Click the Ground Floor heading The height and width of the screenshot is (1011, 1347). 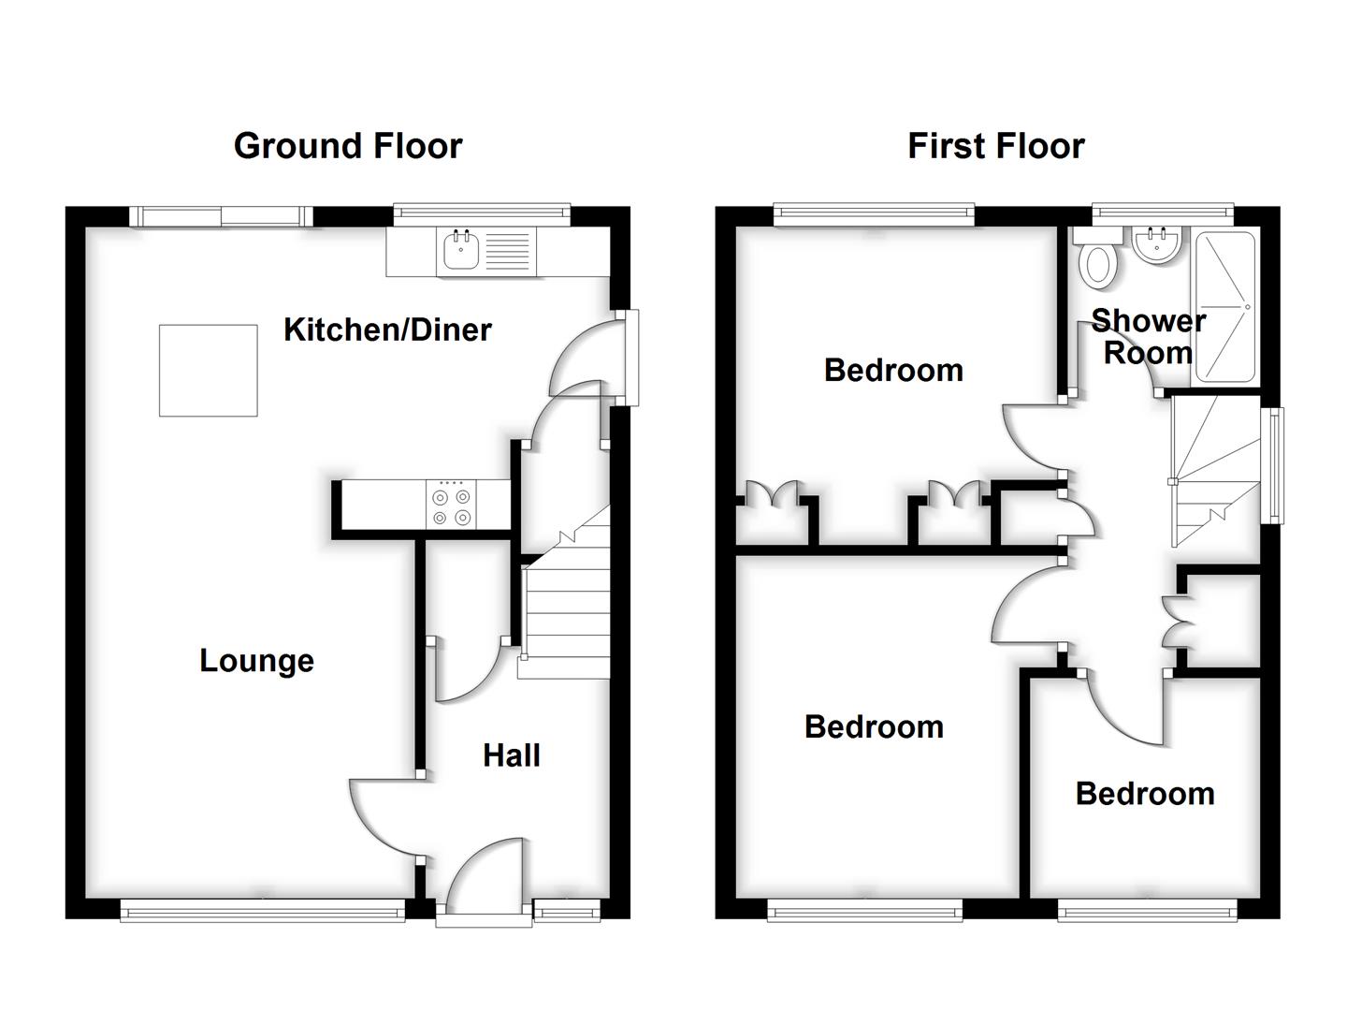pyautogui.click(x=347, y=146)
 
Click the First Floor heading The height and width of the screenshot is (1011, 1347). pyautogui.click(x=995, y=146)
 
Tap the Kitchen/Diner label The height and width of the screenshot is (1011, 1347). pyautogui.click(x=387, y=330)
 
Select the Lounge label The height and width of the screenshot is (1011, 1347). pyautogui.click(x=256, y=661)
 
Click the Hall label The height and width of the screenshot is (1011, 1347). pyautogui.click(x=512, y=755)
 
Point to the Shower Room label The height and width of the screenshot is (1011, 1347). pyautogui.click(x=1148, y=337)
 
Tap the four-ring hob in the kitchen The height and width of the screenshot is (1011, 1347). pyautogui.click(x=451, y=505)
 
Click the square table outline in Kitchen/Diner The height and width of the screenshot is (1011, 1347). pyautogui.click(x=208, y=370)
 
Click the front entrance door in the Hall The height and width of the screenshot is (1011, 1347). pyautogui.click(x=485, y=880)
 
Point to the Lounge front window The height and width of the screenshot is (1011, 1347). pyautogui.click(x=262, y=909)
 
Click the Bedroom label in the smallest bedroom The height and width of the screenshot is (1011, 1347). pyautogui.click(x=1145, y=794)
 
